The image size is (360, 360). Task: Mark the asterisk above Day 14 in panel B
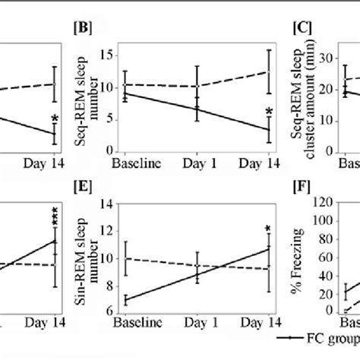coord(269,114)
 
